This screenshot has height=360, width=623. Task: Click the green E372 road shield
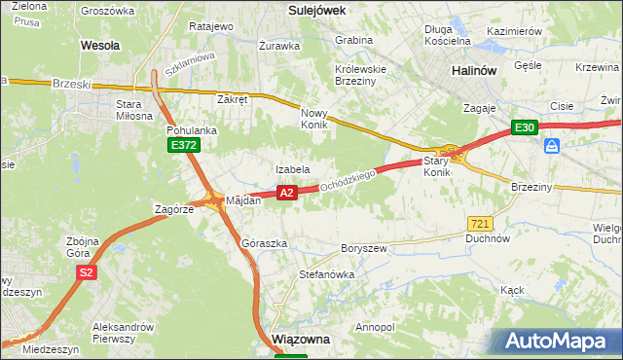182,145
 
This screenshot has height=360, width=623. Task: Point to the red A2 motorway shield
286,193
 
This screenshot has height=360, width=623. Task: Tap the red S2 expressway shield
87,272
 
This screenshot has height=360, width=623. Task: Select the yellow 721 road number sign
478,224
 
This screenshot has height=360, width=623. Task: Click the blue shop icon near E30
552,146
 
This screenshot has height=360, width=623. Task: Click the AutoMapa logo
559,342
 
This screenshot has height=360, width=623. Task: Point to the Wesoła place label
100,45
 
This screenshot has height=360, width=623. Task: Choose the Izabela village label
292,169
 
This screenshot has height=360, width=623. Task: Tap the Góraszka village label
264,243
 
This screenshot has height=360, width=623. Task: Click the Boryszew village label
363,249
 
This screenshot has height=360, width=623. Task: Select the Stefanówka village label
326,274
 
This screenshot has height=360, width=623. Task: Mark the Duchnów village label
488,237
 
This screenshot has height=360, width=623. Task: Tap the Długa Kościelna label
448,35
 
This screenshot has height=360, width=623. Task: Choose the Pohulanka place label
191,129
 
